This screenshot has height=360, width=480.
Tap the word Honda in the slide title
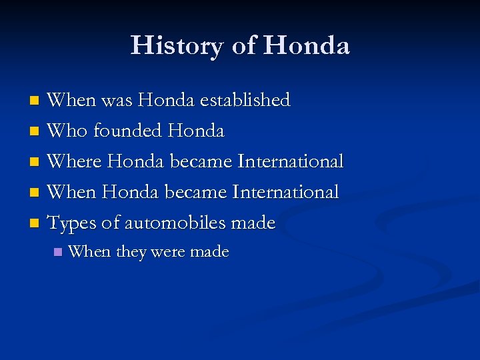[x=306, y=45]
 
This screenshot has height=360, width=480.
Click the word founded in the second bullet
[x=127, y=131]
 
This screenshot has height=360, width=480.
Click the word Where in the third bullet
[x=75, y=161]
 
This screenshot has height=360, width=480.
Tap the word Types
[x=72, y=223]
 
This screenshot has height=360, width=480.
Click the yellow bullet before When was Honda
[x=36, y=101]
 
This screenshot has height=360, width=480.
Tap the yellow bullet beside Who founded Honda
[x=36, y=132]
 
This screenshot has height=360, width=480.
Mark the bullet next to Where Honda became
[x=36, y=163]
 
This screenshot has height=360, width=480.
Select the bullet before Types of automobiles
[x=36, y=224]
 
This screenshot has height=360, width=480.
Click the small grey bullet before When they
[x=58, y=253]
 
